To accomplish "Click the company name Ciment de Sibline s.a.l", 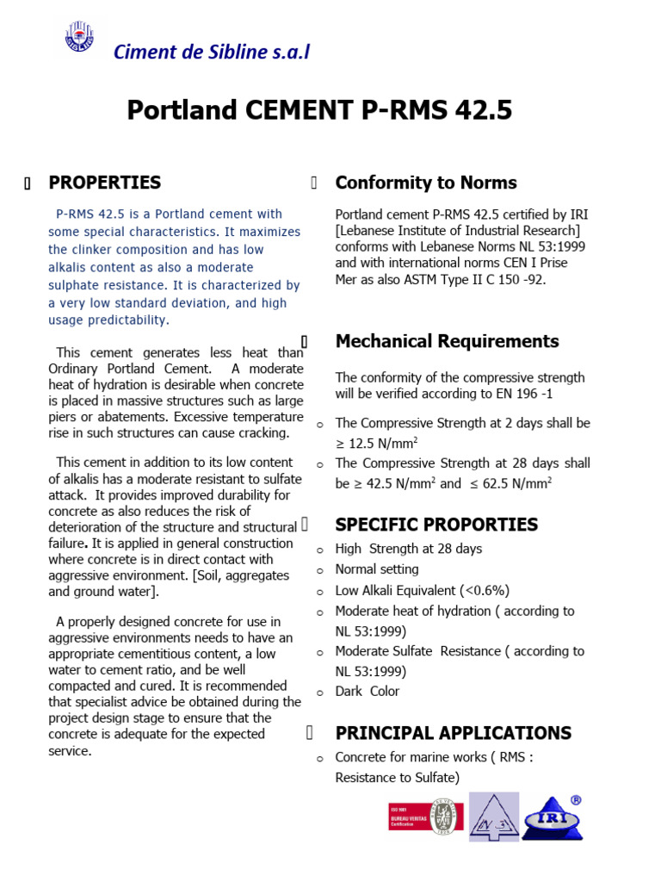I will (x=212, y=52).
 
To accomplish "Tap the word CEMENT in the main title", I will (x=299, y=110).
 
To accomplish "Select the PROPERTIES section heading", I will (x=104, y=183).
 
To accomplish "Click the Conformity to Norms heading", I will (x=425, y=183).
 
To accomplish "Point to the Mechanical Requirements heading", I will (x=447, y=341).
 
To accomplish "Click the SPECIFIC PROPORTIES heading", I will (x=436, y=525).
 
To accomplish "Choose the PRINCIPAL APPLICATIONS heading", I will (x=453, y=733).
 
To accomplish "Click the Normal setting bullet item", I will (x=376, y=569).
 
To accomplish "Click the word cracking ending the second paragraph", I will (x=263, y=432).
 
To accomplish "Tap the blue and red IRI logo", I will (x=552, y=816).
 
